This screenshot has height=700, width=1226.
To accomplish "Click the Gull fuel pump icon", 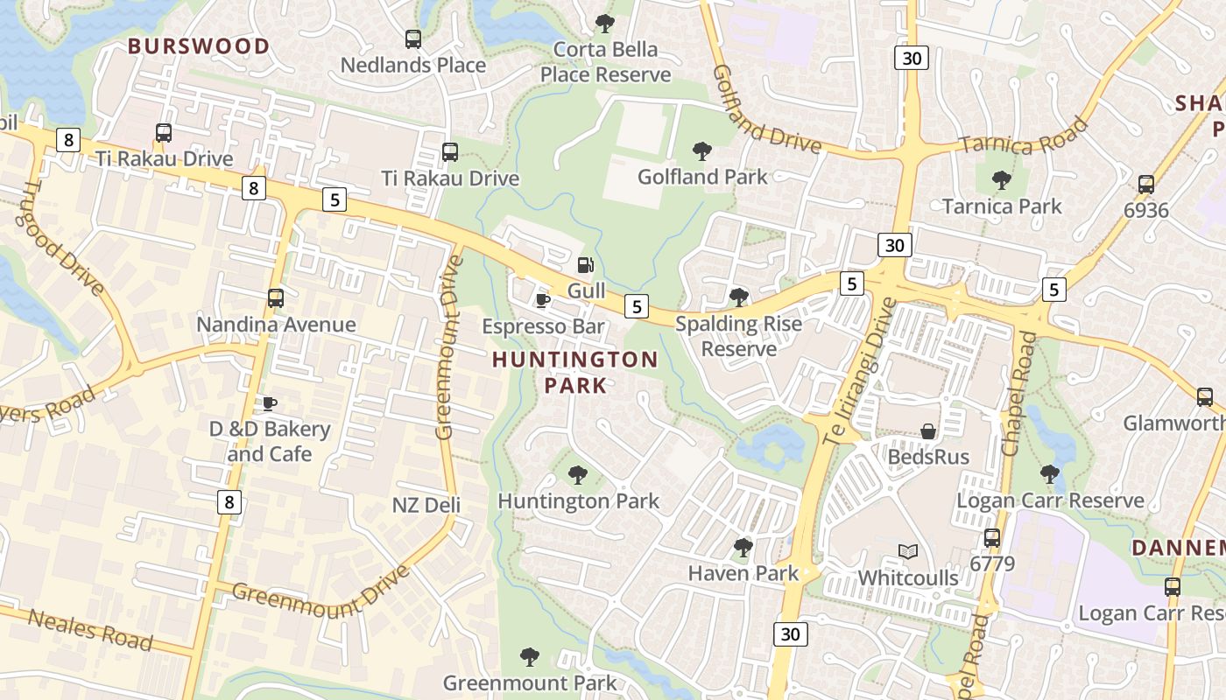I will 585,264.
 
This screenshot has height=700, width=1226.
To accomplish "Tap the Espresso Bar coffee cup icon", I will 543,300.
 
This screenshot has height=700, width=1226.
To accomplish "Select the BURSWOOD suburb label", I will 199,46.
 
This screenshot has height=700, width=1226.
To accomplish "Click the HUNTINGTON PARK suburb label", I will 574,372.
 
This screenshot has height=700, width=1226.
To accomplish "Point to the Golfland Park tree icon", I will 701,151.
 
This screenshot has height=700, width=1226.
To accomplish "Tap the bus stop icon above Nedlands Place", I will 412,39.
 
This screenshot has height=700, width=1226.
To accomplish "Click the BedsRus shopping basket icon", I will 928,431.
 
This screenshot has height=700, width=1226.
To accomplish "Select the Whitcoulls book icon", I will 908,552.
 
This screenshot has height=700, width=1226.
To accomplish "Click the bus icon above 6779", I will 991,537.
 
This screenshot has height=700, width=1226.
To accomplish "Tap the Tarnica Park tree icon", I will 1002,181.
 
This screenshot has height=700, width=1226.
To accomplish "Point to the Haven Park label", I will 743,573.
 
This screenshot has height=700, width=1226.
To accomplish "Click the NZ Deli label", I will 426,505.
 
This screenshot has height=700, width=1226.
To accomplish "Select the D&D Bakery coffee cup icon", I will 269,403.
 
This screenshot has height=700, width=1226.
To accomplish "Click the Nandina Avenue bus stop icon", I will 276,298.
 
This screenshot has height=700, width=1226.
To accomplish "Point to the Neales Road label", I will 90,629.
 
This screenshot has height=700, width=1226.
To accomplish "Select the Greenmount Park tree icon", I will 529,656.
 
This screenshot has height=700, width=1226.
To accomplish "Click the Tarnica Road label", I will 1023,136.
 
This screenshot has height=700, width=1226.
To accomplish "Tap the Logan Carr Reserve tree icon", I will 1049,474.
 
